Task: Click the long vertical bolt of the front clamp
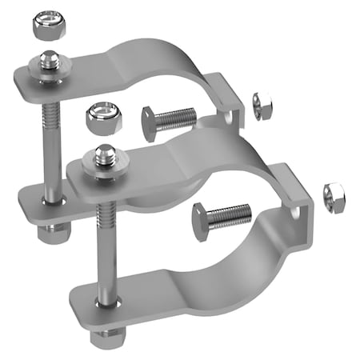(x=103, y=248)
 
